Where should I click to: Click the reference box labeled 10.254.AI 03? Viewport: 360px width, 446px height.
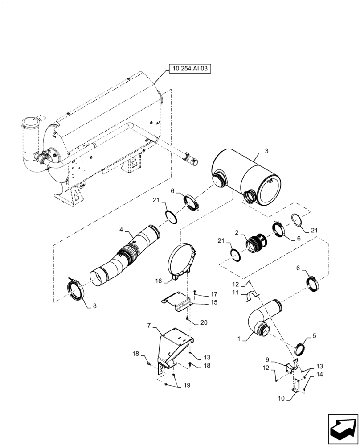coord(189,69)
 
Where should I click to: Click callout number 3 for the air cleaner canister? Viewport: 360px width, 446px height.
coord(266,151)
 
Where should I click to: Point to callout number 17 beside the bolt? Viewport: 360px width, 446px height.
coord(213,294)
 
